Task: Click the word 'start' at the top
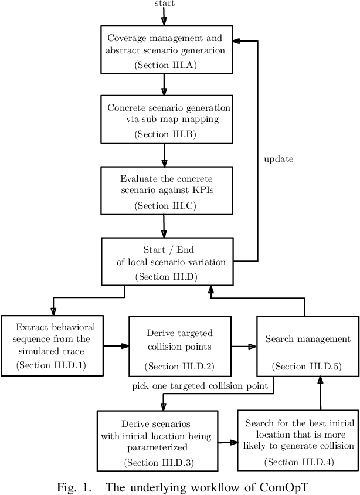pyautogui.click(x=164, y=4)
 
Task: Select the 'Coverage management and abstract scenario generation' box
pyautogui.click(x=167, y=49)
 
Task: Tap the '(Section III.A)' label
pyautogui.click(x=165, y=65)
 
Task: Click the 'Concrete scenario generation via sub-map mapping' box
pyautogui.click(x=167, y=119)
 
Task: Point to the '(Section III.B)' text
pyautogui.click(x=165, y=134)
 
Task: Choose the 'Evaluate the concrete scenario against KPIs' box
pyautogui.click(x=167, y=191)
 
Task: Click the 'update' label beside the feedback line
pyautogui.click(x=279, y=159)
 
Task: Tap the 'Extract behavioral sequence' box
pyautogui.click(x=52, y=345)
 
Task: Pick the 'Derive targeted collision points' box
pyautogui.click(x=179, y=346)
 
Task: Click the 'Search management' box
pyautogui.click(x=308, y=346)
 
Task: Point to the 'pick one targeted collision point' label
pyautogui.click(x=200, y=386)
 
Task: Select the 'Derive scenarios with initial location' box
pyautogui.click(x=157, y=440)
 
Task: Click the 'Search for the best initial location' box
pyautogui.click(x=298, y=440)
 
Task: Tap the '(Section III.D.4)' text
pyautogui.click(x=298, y=462)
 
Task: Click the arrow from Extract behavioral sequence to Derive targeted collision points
pyautogui.click(x=116, y=346)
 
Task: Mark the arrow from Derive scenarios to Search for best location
pyautogui.click(x=227, y=443)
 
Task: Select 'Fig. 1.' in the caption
pyautogui.click(x=73, y=487)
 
